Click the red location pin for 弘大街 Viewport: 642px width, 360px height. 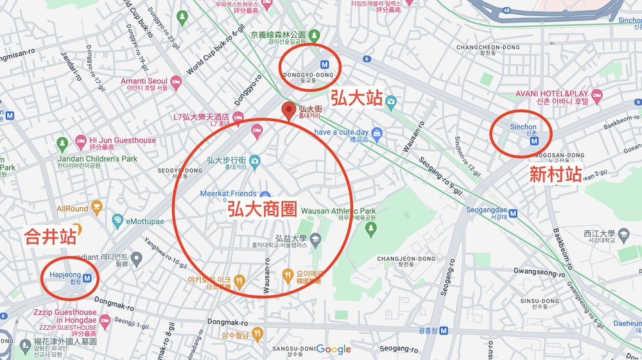point(289,111)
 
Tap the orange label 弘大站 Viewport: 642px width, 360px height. point(356,98)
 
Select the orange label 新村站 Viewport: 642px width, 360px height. point(555,175)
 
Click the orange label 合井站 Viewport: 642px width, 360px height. point(50,237)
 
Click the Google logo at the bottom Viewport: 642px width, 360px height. point(333,349)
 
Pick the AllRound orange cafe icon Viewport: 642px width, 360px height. point(96,207)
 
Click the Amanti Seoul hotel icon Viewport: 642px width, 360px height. point(176,84)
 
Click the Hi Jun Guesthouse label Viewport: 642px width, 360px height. point(122,140)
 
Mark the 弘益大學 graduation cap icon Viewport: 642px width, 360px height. point(315,240)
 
